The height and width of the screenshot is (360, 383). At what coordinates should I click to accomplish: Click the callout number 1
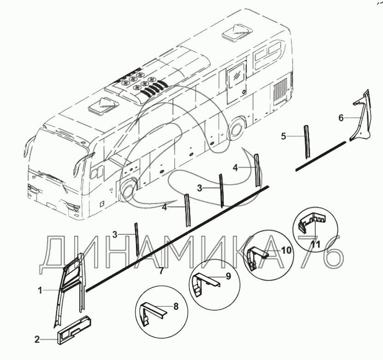click(40, 291)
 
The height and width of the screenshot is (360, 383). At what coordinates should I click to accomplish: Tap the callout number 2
click(37, 339)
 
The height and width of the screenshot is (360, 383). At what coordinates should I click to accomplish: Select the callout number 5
click(283, 136)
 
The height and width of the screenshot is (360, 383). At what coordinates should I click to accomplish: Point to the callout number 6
click(341, 118)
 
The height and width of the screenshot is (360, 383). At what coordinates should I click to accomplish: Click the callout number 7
click(161, 271)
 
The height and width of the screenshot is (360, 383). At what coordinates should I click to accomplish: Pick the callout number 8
click(176, 307)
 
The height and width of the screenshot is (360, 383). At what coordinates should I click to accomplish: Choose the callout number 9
click(228, 276)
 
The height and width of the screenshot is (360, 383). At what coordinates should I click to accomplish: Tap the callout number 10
click(286, 250)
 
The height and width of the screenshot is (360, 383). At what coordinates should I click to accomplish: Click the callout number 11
click(316, 244)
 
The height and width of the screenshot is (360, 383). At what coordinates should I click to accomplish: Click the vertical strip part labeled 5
click(307, 141)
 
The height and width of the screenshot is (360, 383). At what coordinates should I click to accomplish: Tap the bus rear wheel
click(236, 128)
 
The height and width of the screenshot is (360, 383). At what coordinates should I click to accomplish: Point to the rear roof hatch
click(237, 31)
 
